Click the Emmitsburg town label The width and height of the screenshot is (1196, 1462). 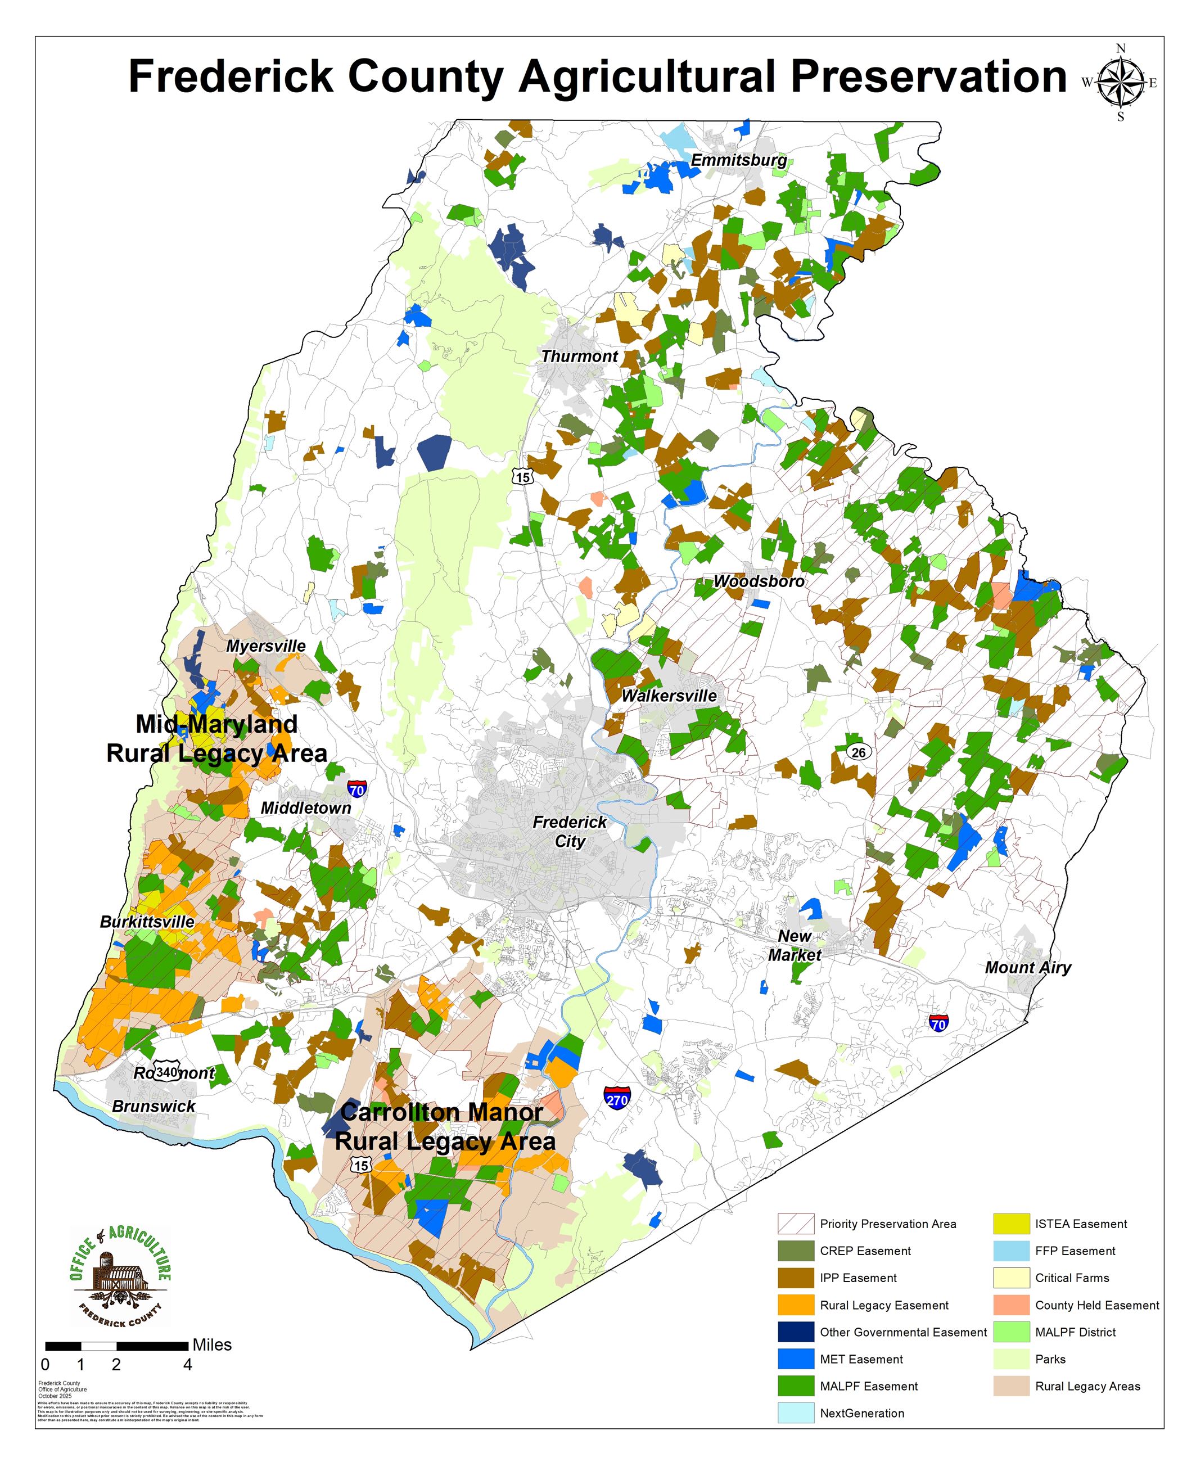tap(738, 160)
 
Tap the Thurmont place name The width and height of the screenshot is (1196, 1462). tap(579, 356)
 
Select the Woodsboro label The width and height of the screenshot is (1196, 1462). tap(759, 581)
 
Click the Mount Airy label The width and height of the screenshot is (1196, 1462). tap(1027, 967)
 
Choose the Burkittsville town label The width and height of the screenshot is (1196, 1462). tap(147, 922)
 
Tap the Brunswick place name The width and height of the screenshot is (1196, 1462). tap(154, 1106)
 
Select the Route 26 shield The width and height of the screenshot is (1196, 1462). tap(859, 752)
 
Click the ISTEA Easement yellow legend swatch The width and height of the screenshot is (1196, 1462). tap(1010, 1224)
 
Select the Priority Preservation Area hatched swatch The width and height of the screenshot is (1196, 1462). tap(796, 1224)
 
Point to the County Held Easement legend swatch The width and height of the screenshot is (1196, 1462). tap(1010, 1305)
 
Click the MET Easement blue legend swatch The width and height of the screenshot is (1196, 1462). tap(796, 1359)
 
